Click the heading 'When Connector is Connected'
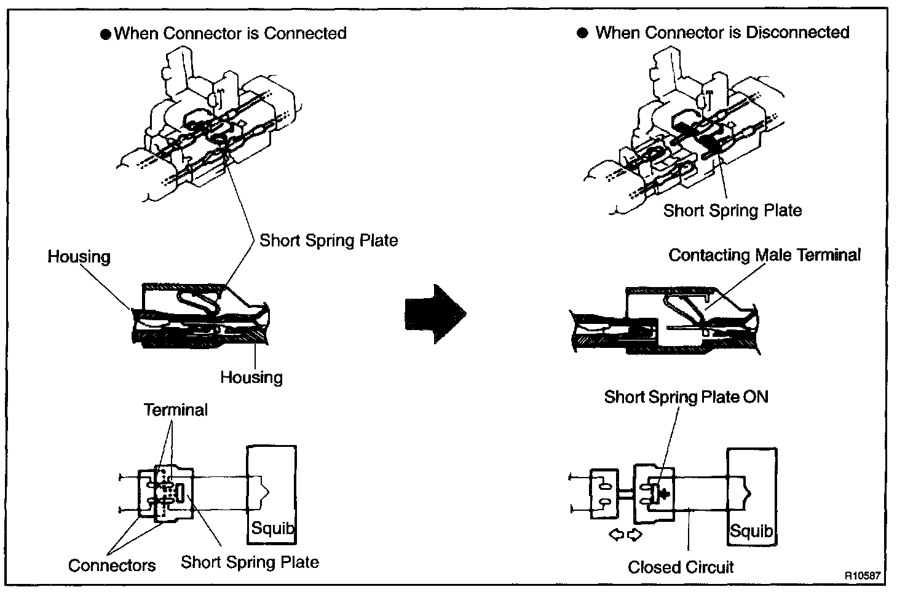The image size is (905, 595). point(231,33)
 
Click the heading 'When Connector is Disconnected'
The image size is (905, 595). point(722,33)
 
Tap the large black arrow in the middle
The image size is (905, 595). point(435,313)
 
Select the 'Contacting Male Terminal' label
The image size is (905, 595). point(764,255)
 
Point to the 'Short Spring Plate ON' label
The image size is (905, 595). point(686,397)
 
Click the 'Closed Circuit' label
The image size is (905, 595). point(681,567)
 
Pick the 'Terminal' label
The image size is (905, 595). point(176,410)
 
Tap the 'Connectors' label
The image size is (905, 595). point(112,565)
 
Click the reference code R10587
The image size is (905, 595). point(863,577)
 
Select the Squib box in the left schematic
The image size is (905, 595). point(271,494)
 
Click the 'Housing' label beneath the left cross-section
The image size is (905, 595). point(251,377)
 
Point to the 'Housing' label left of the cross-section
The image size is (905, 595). point(79,256)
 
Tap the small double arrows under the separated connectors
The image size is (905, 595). point(625,535)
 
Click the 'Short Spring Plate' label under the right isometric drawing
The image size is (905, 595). point(732,211)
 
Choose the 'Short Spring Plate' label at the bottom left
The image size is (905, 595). point(250,562)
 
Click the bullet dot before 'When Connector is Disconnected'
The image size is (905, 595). point(583,33)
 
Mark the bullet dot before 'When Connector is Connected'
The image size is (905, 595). point(105,34)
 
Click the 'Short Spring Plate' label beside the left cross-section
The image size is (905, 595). point(328,240)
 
